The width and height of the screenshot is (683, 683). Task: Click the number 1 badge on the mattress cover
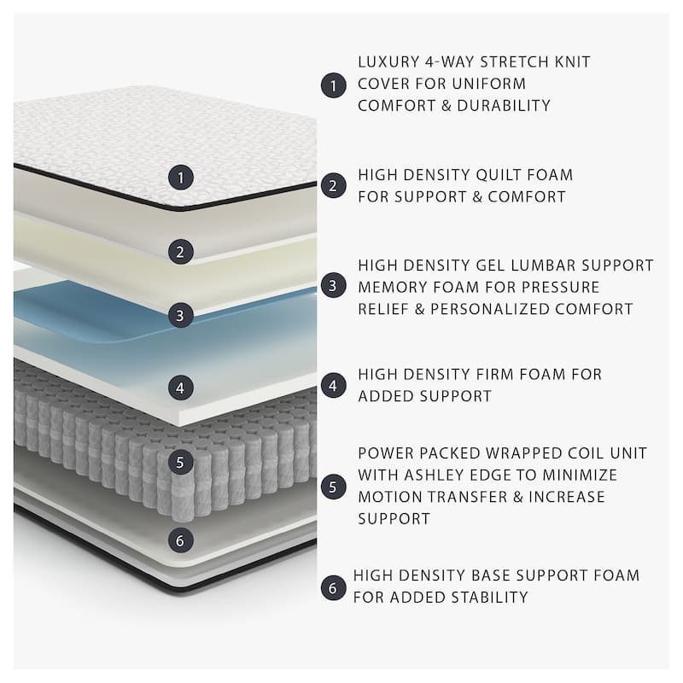click(180, 178)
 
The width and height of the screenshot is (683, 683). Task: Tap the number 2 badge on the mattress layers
click(180, 251)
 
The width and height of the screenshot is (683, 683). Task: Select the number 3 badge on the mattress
click(180, 314)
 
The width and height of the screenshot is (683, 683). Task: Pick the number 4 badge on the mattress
click(180, 387)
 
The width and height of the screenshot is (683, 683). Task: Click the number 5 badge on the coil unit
click(180, 463)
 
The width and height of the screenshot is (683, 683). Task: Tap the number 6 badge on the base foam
click(180, 540)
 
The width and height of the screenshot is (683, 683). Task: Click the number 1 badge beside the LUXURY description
click(333, 85)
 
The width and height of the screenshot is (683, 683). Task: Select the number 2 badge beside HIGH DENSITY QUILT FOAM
click(333, 185)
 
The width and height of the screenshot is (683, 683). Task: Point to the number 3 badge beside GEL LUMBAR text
click(333, 285)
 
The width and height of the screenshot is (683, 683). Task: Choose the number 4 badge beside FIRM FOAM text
click(333, 385)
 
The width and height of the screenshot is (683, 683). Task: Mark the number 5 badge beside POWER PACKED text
click(333, 487)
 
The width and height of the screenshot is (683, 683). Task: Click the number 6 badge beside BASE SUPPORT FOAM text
click(333, 587)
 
